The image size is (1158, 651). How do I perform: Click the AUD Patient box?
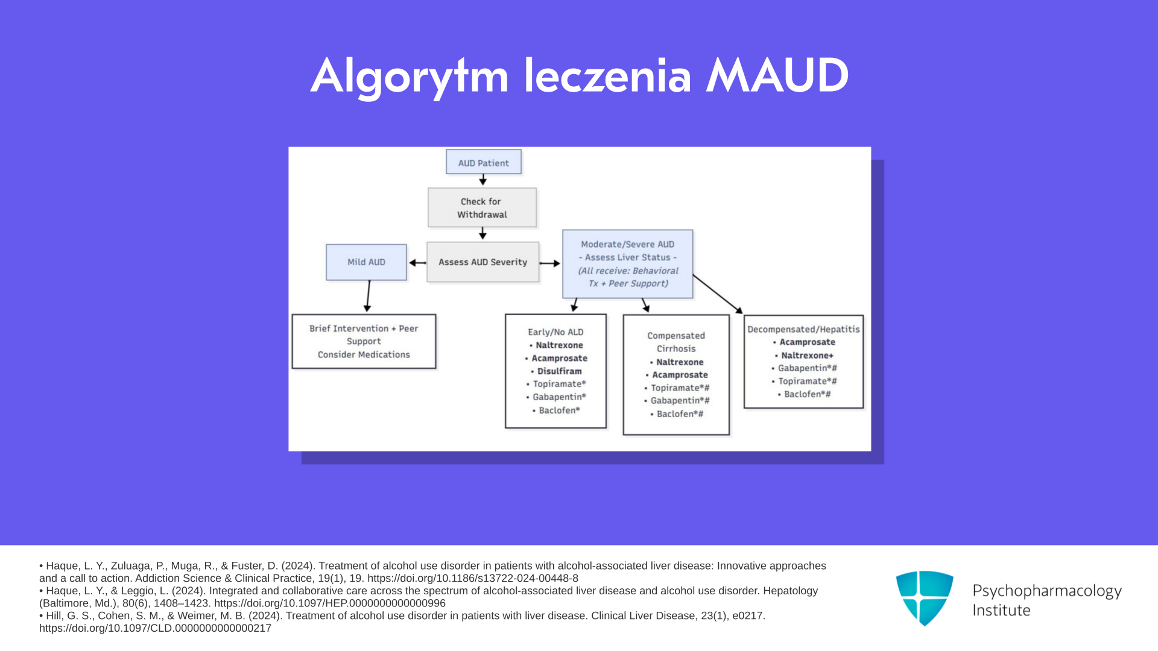tap(484, 162)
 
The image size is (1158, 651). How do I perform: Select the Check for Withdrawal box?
tap(482, 207)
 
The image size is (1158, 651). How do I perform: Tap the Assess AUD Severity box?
tap(482, 262)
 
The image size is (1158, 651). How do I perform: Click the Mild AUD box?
tap(366, 262)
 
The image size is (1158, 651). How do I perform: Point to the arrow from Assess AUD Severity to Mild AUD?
tap(417, 263)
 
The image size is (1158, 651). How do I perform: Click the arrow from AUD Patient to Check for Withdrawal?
tap(483, 180)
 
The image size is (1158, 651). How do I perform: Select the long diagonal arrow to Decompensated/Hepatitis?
tap(718, 294)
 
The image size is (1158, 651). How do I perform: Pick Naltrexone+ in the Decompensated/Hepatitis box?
tap(804, 356)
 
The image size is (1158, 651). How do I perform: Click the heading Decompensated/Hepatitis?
tap(803, 329)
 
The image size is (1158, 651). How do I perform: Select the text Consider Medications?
tap(364, 354)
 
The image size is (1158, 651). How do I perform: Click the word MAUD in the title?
tap(777, 76)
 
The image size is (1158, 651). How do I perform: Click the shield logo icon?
tap(925, 598)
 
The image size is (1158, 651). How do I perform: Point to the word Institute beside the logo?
tap(1001, 611)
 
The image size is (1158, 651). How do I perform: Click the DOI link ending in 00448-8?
tap(473, 579)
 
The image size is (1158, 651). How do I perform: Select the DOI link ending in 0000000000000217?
tap(155, 629)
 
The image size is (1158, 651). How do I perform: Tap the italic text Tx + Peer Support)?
tap(628, 284)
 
